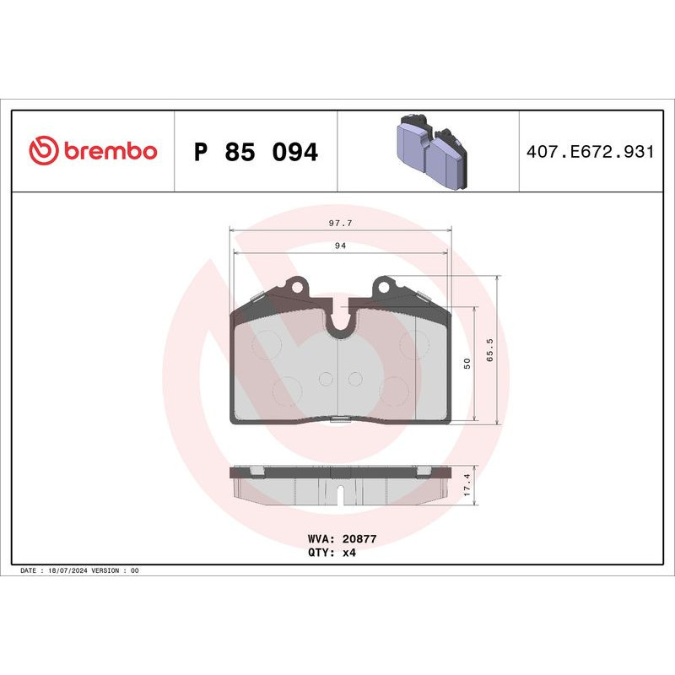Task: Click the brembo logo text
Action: pyautogui.click(x=109, y=152)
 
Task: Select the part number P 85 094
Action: pyautogui.click(x=255, y=153)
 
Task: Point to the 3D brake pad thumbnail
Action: pyautogui.click(x=430, y=152)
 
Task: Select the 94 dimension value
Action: pyautogui.click(x=340, y=246)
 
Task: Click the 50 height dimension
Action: pyautogui.click(x=467, y=364)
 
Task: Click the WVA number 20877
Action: pyautogui.click(x=359, y=537)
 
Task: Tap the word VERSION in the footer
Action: pyautogui.click(x=108, y=571)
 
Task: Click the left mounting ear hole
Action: pyautogui.click(x=295, y=287)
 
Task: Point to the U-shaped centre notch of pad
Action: pyautogui.click(x=340, y=321)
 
